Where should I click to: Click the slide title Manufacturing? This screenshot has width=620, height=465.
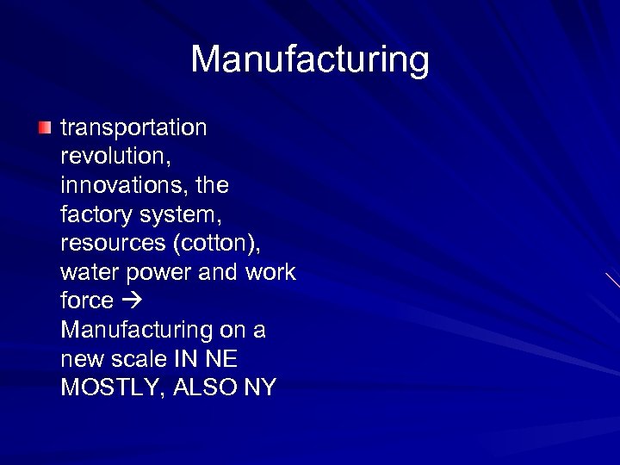(309, 59)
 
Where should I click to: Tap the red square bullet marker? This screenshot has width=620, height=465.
(45, 128)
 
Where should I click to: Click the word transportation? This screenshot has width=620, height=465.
(133, 128)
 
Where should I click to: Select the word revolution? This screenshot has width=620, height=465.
(111, 157)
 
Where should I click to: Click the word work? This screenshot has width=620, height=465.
(269, 272)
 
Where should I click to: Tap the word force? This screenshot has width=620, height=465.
(87, 301)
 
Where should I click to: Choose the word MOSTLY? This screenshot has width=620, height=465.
(108, 387)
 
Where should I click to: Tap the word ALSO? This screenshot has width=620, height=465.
(204, 387)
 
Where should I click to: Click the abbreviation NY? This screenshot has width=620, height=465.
(260, 387)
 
